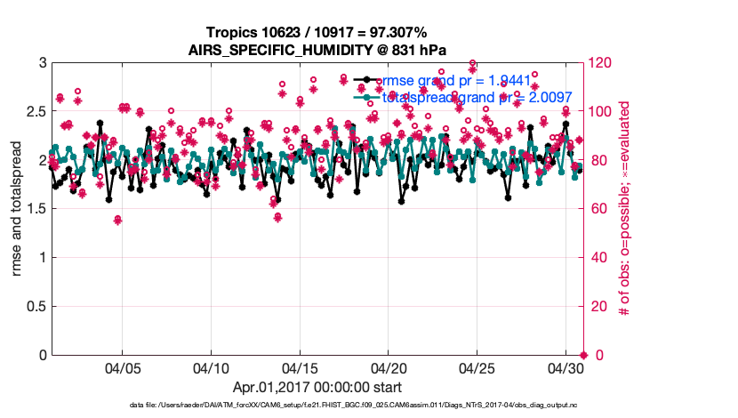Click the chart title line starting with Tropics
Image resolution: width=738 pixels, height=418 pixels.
[x=317, y=32]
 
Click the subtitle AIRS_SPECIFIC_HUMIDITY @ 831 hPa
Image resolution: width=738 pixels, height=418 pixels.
[x=317, y=49]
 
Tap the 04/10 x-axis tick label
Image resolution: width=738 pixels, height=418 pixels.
[x=211, y=367]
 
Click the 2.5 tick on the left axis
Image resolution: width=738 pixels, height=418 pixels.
[x=35, y=112]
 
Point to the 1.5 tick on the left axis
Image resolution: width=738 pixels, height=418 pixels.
[x=35, y=209]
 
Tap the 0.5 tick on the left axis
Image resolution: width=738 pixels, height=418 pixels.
[x=35, y=307]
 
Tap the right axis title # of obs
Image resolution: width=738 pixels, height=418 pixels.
[x=625, y=209]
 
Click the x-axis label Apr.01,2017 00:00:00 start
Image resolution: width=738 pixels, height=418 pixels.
[x=317, y=387]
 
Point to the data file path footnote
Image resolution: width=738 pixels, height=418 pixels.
[x=317, y=406]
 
